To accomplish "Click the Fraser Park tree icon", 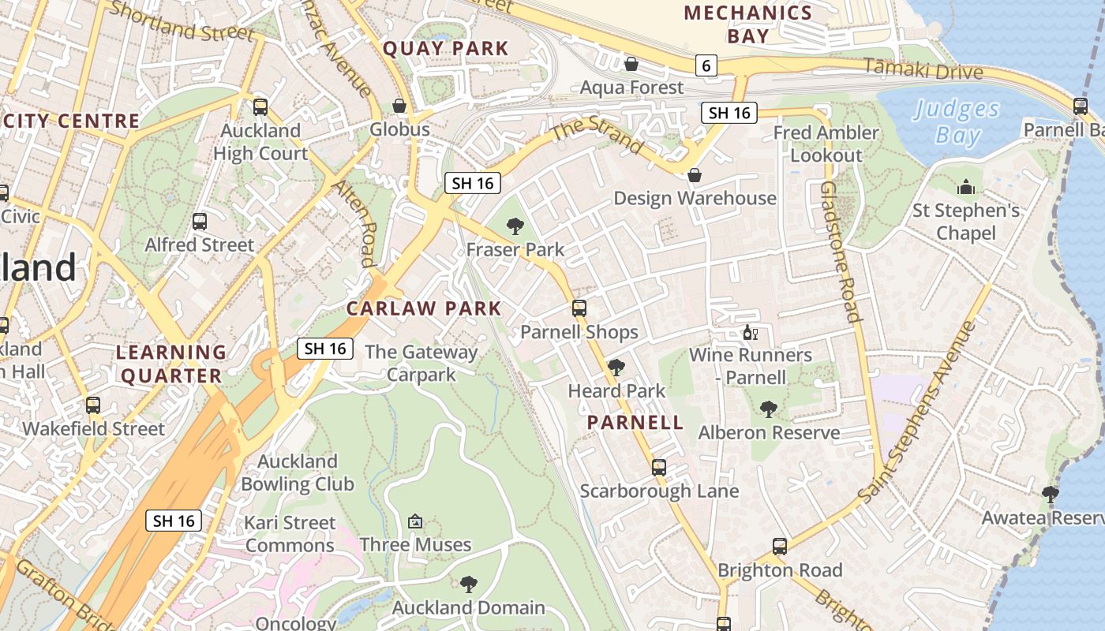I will pyautogui.click(x=515, y=227).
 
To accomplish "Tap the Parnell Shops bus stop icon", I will pyautogui.click(x=579, y=308).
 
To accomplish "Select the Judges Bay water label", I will pyautogui.click(x=957, y=121).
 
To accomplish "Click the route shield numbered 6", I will pyautogui.click(x=706, y=65).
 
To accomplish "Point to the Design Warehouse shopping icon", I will pyautogui.click(x=695, y=174).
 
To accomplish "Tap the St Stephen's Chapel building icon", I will pyautogui.click(x=965, y=188).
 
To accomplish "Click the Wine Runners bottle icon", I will pyautogui.click(x=750, y=332).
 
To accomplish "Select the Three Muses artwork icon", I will pyautogui.click(x=415, y=521).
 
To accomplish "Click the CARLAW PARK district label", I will pyautogui.click(x=424, y=308).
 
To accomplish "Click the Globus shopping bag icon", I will pyautogui.click(x=399, y=106).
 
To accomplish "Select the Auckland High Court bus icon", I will pyautogui.click(x=260, y=107).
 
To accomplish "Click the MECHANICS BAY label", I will pyautogui.click(x=747, y=24).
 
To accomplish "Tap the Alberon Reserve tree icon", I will pyautogui.click(x=768, y=409).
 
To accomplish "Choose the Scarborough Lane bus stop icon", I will pyautogui.click(x=659, y=468).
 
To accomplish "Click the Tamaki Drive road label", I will pyautogui.click(x=923, y=69).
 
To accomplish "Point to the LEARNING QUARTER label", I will pyautogui.click(x=171, y=364).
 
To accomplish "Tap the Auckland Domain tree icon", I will pyautogui.click(x=469, y=584).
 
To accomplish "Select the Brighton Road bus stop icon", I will pyautogui.click(x=780, y=547).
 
